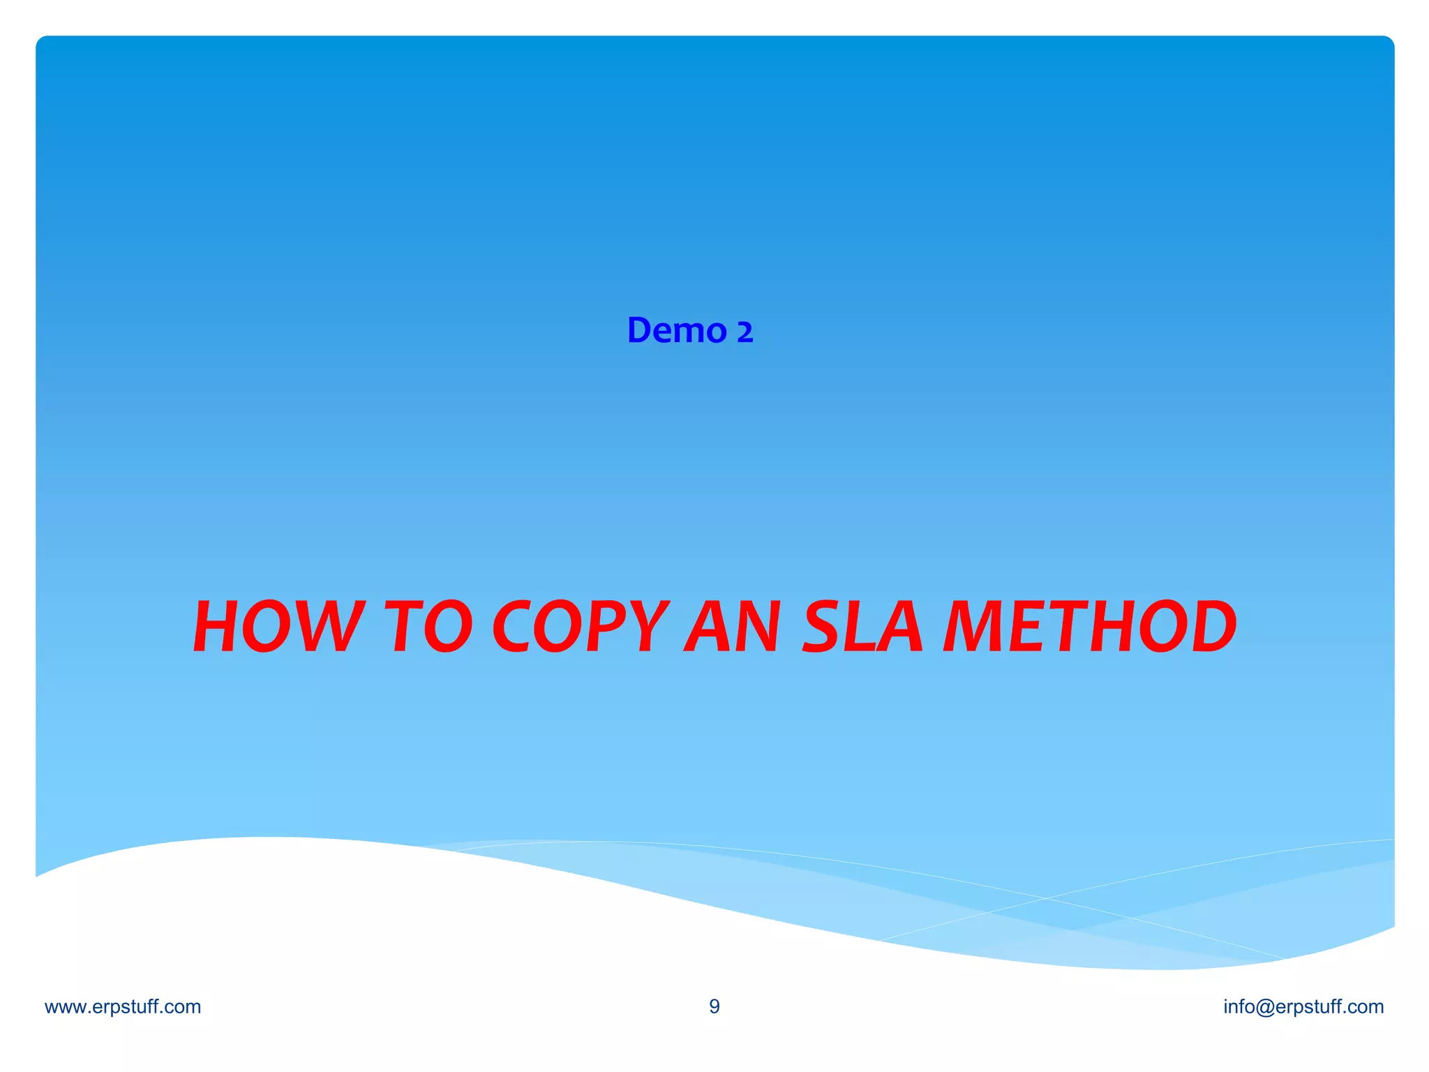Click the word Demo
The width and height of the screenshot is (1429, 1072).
pos(677,330)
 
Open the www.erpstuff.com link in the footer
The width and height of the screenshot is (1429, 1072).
pos(123,1006)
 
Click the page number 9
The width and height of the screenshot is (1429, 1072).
pos(714,1006)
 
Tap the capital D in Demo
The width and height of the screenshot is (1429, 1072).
pos(640,330)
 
